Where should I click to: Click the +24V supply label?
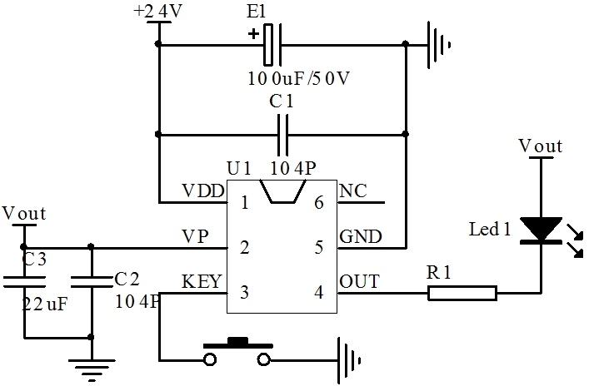coord(157,12)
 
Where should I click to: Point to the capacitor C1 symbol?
coord(282,133)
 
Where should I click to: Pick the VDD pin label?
coord(202,191)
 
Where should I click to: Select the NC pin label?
coord(353,191)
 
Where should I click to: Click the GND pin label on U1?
coord(361,237)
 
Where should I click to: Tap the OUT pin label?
coord(359,282)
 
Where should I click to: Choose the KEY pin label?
coord(202,282)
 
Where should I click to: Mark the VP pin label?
coord(195,236)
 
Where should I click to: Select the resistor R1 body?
coord(462,292)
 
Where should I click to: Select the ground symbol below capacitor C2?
coord(90,366)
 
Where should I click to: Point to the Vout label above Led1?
coord(541,146)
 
